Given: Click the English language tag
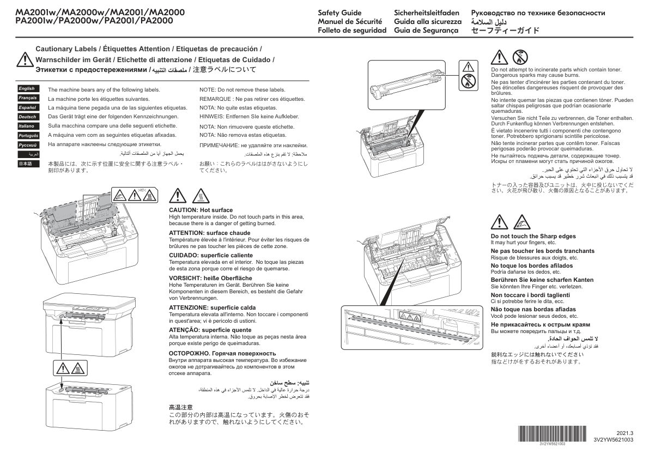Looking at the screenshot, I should pos(27,88).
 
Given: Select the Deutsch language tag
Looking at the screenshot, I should pos(27,117).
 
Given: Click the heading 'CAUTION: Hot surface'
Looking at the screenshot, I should pos(201,210).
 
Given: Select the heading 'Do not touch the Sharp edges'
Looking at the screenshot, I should pos(533,236).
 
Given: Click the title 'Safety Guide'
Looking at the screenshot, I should pos(339,13).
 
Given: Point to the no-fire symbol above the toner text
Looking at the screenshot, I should pos(521,56).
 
